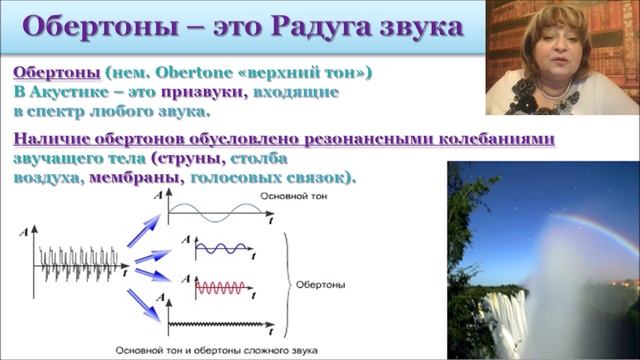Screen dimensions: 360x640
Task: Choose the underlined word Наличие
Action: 53,140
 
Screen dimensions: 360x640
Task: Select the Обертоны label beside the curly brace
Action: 320,284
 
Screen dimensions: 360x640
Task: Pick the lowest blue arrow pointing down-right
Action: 146,305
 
